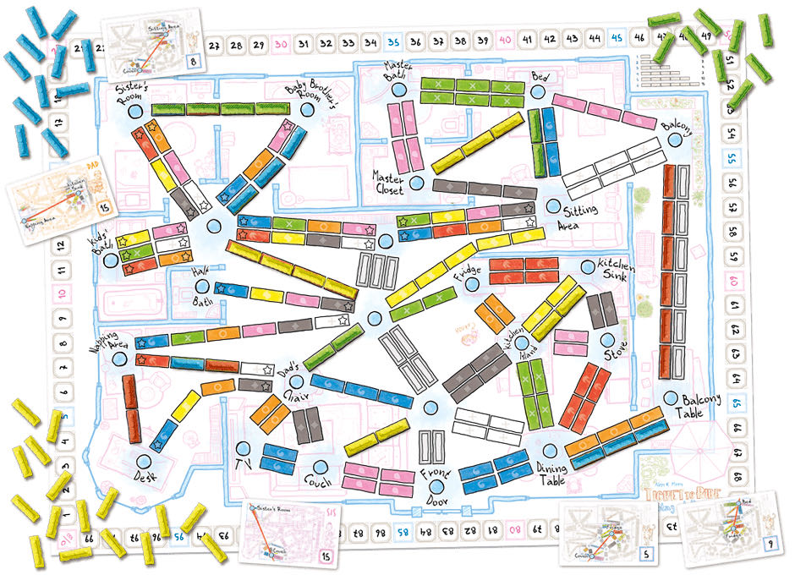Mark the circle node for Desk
point(144,461)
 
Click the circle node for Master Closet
point(415,183)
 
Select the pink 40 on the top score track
point(505,41)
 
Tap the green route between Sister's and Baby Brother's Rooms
point(221,109)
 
